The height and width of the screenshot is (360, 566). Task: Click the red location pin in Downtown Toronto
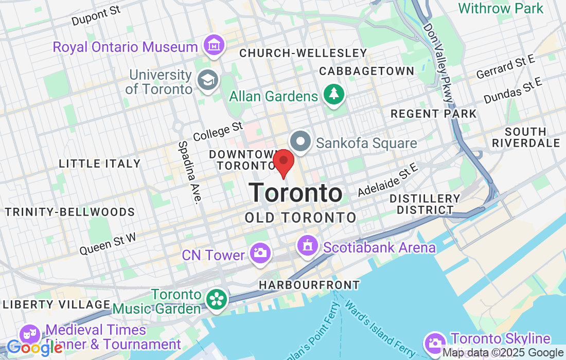click(x=283, y=161)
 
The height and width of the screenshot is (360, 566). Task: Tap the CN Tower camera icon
click(x=260, y=253)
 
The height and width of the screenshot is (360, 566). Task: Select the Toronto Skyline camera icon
click(x=435, y=342)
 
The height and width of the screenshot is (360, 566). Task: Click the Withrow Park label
click(x=500, y=8)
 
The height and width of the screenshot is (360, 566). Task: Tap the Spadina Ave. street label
click(x=189, y=172)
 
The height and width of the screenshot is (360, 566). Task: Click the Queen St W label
click(x=108, y=242)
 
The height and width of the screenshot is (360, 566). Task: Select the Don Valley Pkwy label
click(x=439, y=62)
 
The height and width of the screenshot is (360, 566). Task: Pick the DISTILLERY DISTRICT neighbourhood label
click(x=424, y=204)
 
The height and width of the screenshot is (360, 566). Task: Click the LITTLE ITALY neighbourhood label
click(x=99, y=164)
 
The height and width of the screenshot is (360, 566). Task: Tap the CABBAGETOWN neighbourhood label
click(x=366, y=71)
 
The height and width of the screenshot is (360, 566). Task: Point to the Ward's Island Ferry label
click(x=380, y=325)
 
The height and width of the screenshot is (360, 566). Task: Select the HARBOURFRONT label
click(x=309, y=284)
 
